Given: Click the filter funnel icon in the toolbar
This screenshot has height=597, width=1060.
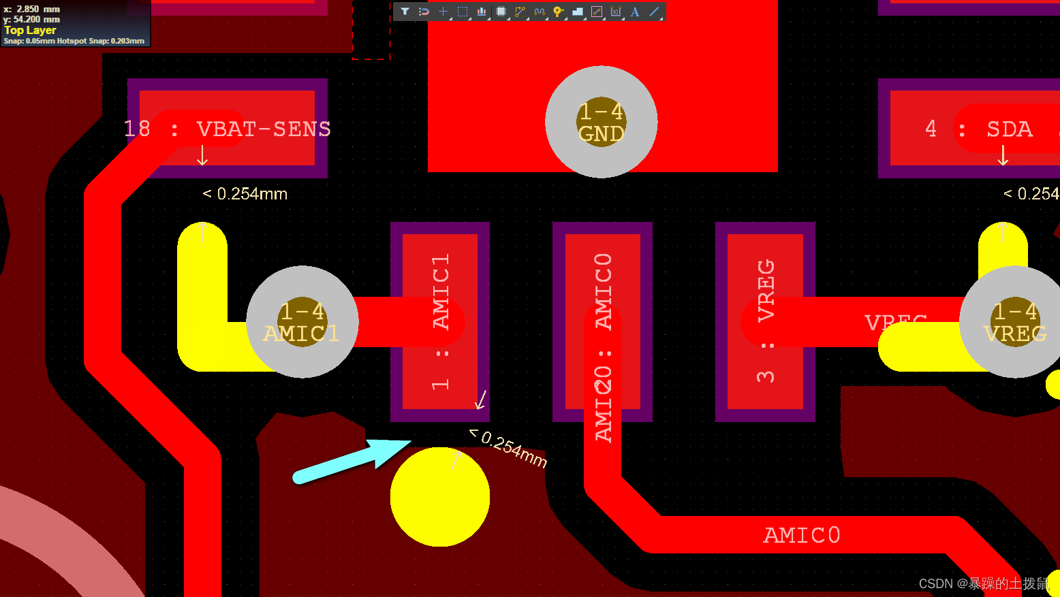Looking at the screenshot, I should [x=405, y=12].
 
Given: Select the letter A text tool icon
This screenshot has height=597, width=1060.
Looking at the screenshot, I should [x=635, y=12].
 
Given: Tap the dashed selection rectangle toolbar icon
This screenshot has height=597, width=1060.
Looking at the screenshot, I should [x=463, y=12].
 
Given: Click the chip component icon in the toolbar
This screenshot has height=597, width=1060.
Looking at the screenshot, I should [x=501, y=12].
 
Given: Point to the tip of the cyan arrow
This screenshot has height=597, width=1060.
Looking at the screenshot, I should [x=410, y=442].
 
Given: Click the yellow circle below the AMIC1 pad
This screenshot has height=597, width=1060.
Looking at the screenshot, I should [x=440, y=497].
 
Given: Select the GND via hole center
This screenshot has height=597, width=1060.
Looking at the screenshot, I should [x=601, y=122].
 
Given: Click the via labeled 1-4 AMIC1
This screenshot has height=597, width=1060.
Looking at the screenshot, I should [x=302, y=321].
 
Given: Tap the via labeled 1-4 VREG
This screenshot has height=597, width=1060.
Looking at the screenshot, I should [x=1015, y=321].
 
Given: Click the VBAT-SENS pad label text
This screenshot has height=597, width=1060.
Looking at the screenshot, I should [x=264, y=129].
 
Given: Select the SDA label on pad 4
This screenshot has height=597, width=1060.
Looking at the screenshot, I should [x=1010, y=129].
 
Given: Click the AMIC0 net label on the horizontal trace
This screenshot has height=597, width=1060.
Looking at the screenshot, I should [x=802, y=535].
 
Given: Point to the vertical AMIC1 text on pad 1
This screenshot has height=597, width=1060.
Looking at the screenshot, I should [x=441, y=291].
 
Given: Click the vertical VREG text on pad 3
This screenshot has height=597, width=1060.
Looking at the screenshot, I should [x=766, y=290].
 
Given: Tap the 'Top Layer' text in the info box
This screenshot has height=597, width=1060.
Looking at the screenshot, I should [x=30, y=30].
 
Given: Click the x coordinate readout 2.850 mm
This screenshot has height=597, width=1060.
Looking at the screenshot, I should [x=38, y=9].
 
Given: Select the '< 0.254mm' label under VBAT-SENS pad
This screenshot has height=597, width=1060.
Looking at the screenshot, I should [x=245, y=194].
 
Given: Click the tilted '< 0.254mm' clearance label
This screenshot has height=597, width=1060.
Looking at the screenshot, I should [x=510, y=448].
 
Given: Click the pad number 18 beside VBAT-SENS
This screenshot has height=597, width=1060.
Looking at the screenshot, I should [x=137, y=129].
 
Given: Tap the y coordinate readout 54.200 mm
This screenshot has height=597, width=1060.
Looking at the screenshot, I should [x=37, y=19].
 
